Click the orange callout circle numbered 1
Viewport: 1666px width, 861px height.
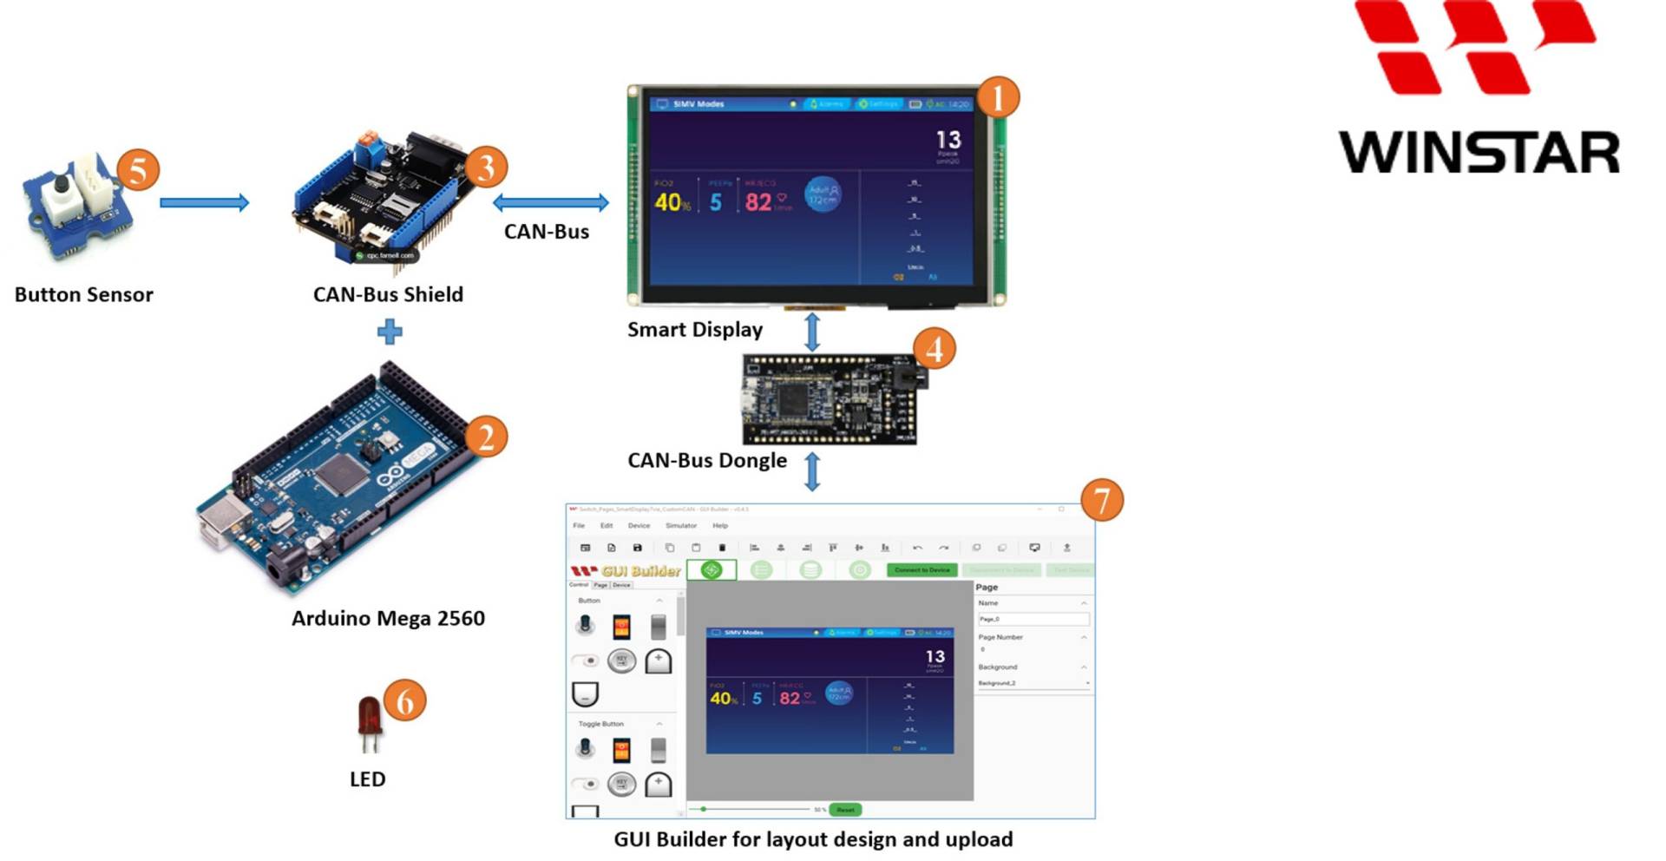click(998, 97)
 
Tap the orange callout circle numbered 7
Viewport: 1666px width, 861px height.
click(1101, 500)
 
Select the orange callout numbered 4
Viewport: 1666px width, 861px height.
click(934, 349)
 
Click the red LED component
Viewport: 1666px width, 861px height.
click(370, 717)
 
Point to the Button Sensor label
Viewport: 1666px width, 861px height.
click(83, 294)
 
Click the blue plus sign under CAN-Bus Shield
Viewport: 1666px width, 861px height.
click(390, 331)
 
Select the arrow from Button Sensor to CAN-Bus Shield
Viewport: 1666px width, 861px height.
click(204, 202)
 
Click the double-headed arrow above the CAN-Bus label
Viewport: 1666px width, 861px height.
click(550, 202)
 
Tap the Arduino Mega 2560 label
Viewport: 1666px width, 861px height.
click(388, 618)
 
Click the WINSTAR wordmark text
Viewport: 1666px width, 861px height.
click(1479, 153)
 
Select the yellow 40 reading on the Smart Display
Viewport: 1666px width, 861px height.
click(668, 202)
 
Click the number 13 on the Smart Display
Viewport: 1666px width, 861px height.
click(948, 140)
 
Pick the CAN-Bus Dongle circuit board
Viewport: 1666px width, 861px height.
click(829, 399)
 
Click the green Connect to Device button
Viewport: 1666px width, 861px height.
click(922, 570)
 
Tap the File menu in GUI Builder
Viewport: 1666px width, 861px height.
click(579, 526)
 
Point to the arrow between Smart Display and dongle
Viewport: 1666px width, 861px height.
click(811, 332)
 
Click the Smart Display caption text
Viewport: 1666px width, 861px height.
click(695, 330)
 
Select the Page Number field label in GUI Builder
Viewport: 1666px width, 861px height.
click(1000, 637)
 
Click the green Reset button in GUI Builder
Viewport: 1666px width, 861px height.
click(845, 810)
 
